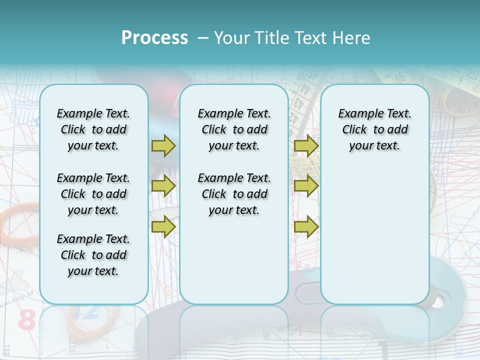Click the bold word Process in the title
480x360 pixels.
click(x=154, y=38)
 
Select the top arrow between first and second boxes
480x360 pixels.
click(x=163, y=145)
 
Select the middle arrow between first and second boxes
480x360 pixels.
click(x=163, y=186)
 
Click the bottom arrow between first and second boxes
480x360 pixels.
click(x=163, y=226)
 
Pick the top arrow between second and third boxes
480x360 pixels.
click(x=306, y=145)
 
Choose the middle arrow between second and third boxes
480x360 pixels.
click(x=306, y=186)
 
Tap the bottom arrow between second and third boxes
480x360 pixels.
click(x=306, y=226)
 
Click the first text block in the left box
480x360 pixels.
click(x=93, y=129)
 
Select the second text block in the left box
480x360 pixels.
click(x=93, y=194)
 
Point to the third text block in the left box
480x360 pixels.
click(x=93, y=255)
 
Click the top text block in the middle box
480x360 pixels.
click(x=234, y=129)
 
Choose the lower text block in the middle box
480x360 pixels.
click(x=234, y=194)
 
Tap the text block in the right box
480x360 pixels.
click(x=374, y=129)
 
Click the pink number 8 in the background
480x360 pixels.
click(x=27, y=320)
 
